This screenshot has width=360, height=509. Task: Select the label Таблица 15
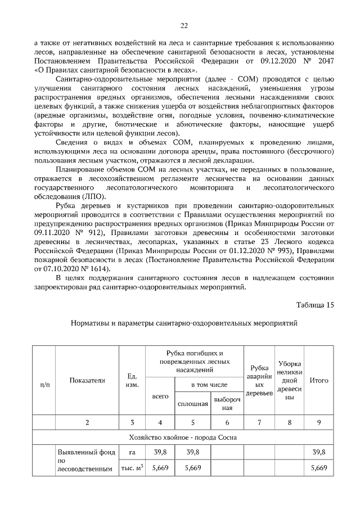point(315,305)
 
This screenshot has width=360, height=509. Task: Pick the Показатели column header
point(87,380)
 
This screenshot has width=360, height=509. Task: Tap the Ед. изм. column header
point(132,380)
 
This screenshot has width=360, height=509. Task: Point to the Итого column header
point(319,380)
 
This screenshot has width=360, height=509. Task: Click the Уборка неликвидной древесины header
point(290,380)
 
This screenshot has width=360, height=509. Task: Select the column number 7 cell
point(259,422)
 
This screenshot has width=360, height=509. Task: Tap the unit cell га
point(132,452)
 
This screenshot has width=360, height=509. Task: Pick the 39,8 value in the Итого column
point(319,452)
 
